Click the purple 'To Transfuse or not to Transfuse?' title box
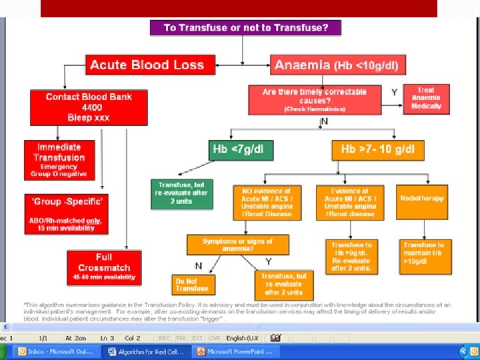coord(245,28)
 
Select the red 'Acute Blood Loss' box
coord(147,65)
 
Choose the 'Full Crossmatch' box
coord(104,265)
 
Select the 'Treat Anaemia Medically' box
coord(426,99)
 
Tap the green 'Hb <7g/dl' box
coord(242,149)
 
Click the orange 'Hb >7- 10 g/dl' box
coord(377,149)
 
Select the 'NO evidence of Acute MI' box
coord(267,202)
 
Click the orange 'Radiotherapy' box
coord(422,201)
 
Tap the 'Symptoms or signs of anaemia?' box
coord(238,245)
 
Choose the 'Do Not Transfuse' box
coord(192,285)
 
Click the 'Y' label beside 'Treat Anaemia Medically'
coord(394,93)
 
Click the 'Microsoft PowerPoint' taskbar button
coord(238,351)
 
